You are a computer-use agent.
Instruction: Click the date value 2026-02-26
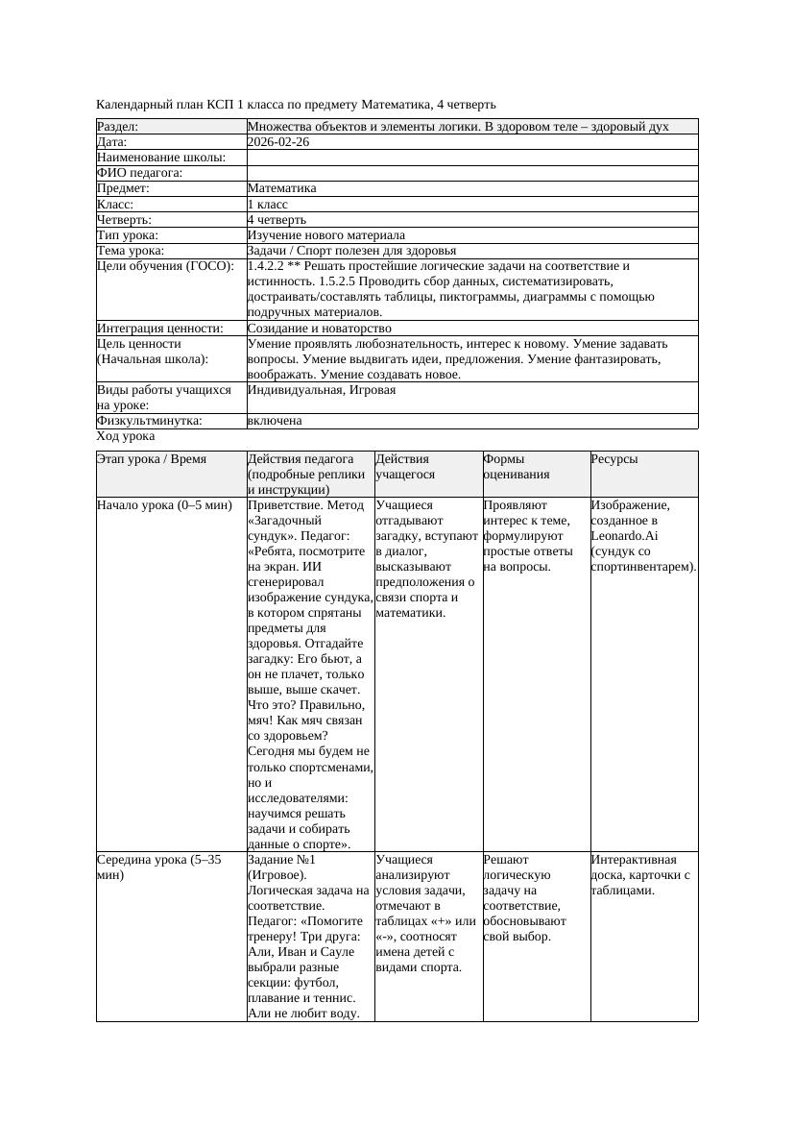[277, 142]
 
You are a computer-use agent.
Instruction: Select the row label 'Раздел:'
[118, 127]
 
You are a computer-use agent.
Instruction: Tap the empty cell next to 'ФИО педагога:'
[471, 173]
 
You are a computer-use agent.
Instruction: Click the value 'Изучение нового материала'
[325, 235]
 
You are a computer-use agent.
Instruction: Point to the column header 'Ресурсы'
[614, 460]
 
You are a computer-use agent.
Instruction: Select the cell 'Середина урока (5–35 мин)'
[158, 867]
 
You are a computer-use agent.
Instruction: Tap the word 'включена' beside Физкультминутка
[275, 421]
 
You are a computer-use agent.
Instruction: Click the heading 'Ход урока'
[126, 436]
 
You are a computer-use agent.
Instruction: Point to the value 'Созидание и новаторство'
[319, 329]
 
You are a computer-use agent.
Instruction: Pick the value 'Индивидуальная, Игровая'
[321, 390]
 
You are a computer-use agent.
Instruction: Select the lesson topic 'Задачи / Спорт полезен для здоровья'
[351, 251]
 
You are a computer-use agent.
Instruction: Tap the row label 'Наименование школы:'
[161, 158]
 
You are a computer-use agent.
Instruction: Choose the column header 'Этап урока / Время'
[152, 460]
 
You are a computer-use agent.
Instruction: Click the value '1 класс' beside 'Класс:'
[268, 205]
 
